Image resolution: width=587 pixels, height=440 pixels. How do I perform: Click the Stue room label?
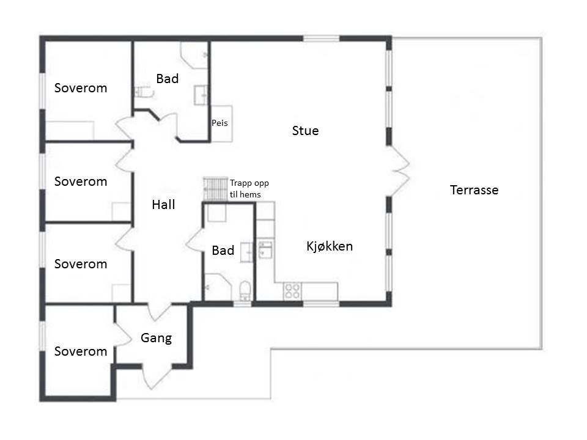305,131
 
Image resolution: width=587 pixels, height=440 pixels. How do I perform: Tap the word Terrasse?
474,189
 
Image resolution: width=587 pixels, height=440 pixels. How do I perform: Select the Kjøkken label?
330,246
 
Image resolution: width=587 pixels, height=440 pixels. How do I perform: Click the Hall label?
163,204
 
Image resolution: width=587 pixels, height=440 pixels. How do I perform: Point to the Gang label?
156,338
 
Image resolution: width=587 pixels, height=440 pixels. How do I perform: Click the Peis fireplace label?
220,123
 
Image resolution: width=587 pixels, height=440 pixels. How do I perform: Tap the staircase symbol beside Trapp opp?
215,189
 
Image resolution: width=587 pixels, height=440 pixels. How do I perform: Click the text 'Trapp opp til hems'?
249,189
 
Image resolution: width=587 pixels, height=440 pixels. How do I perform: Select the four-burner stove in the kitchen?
292,291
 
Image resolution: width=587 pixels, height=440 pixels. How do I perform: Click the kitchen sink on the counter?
265,250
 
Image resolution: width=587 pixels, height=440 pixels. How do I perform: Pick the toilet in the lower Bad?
245,290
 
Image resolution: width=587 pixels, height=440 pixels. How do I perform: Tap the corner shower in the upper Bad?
194,56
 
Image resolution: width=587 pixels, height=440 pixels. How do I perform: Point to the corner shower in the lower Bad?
218,287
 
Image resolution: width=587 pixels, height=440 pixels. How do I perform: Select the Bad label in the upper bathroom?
168,79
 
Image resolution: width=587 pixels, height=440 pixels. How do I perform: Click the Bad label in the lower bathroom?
223,251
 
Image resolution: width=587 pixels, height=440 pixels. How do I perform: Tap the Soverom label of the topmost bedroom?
81,88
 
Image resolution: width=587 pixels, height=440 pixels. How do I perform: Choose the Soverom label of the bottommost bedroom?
81,351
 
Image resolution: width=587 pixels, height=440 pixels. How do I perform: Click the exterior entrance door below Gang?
157,376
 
